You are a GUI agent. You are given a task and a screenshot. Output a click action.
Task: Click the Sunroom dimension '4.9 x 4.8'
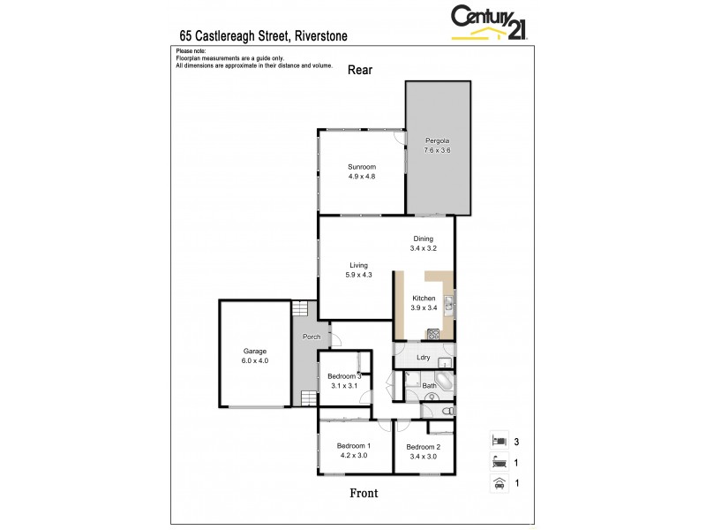tap(362, 177)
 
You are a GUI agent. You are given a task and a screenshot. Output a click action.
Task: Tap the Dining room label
tap(424, 238)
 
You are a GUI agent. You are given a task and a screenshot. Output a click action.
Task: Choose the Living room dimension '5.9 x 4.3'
tap(357, 276)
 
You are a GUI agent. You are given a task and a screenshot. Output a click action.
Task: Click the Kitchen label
tap(424, 299)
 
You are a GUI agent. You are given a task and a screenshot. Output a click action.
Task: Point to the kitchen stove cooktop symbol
tap(433, 334)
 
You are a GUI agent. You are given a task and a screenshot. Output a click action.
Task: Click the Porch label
tap(312, 337)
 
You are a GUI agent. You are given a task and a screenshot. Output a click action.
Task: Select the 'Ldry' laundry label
tap(424, 358)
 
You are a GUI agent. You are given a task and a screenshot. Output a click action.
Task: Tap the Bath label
tap(429, 385)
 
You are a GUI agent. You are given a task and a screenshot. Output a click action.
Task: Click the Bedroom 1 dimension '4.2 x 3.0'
tap(353, 456)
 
